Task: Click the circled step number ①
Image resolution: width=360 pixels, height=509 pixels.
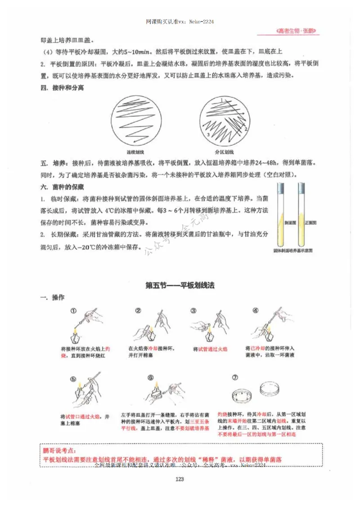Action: point(73,311)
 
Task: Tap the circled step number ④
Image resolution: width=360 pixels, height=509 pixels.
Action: point(256,311)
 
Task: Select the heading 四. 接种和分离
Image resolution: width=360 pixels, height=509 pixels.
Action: point(62,88)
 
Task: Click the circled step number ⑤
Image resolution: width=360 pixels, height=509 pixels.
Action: point(73,378)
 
